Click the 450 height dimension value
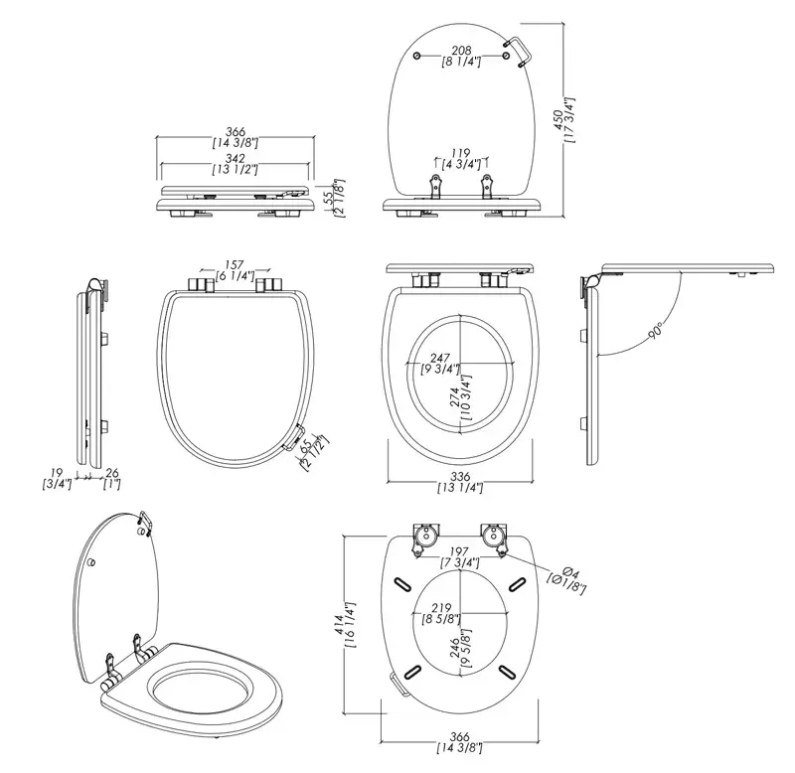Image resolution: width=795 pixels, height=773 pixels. (x=558, y=119)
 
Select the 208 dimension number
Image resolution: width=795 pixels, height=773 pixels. (x=461, y=51)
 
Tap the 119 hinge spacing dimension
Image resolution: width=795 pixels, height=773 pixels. (x=461, y=153)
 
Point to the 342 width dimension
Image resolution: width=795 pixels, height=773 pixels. (x=236, y=159)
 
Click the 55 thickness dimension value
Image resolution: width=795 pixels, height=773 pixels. (x=329, y=195)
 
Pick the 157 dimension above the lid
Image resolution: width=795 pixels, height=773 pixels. (x=235, y=265)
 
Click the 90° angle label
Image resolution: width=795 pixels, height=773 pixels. (x=656, y=331)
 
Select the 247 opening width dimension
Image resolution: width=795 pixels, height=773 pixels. (x=440, y=359)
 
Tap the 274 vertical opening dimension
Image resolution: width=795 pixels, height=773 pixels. (x=454, y=396)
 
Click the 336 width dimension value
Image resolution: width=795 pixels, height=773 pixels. (x=460, y=477)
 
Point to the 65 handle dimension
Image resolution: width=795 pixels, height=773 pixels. (x=307, y=446)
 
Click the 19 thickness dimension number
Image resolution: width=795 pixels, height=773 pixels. (x=57, y=473)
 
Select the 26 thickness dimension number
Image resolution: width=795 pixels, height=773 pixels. (x=112, y=473)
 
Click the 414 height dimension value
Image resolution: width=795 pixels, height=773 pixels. (x=339, y=625)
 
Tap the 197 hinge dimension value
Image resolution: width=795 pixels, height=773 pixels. (x=459, y=551)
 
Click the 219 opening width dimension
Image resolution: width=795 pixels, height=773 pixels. (x=441, y=608)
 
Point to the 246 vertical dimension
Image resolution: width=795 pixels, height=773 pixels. (x=455, y=647)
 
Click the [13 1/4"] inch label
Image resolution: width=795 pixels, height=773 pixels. (x=460, y=488)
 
